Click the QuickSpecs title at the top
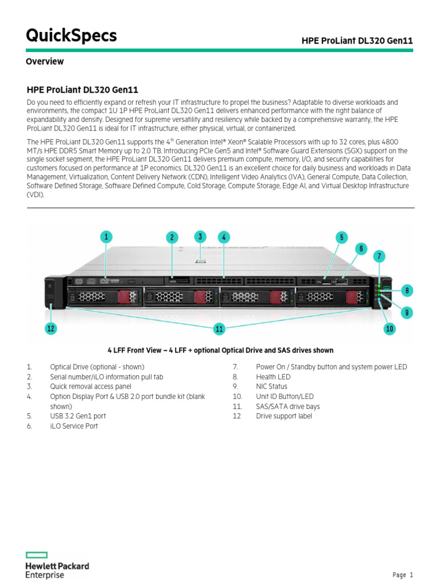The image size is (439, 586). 71,35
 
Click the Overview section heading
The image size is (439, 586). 45,61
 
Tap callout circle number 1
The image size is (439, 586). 106,236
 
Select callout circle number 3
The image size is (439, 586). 199,236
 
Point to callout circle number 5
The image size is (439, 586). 341,237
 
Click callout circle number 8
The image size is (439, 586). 406,291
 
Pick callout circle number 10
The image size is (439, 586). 390,328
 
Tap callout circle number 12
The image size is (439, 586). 52,328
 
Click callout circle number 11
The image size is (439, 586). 219,328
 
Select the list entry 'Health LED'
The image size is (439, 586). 273,377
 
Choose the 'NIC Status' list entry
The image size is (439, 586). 272,386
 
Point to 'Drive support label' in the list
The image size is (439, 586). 284,416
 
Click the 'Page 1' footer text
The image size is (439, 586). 402,575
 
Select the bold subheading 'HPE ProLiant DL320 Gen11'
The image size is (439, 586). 82,90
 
